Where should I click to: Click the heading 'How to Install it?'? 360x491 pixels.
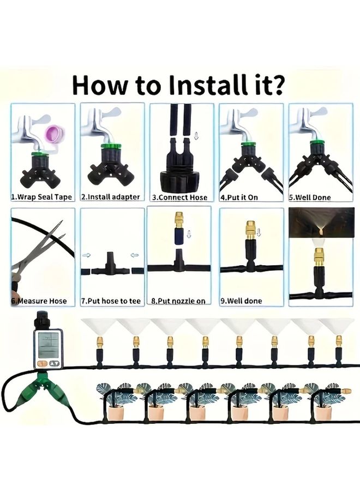178,85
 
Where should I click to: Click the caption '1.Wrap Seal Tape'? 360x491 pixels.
41,197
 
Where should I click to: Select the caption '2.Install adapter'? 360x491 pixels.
110,197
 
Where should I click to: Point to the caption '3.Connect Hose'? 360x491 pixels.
179,197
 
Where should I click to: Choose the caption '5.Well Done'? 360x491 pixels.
310,197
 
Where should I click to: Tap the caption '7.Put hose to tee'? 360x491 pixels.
111,301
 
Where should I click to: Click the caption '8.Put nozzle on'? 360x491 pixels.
178,301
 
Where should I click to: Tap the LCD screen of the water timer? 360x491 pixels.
48,345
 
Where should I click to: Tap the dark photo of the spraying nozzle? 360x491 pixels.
321,223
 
